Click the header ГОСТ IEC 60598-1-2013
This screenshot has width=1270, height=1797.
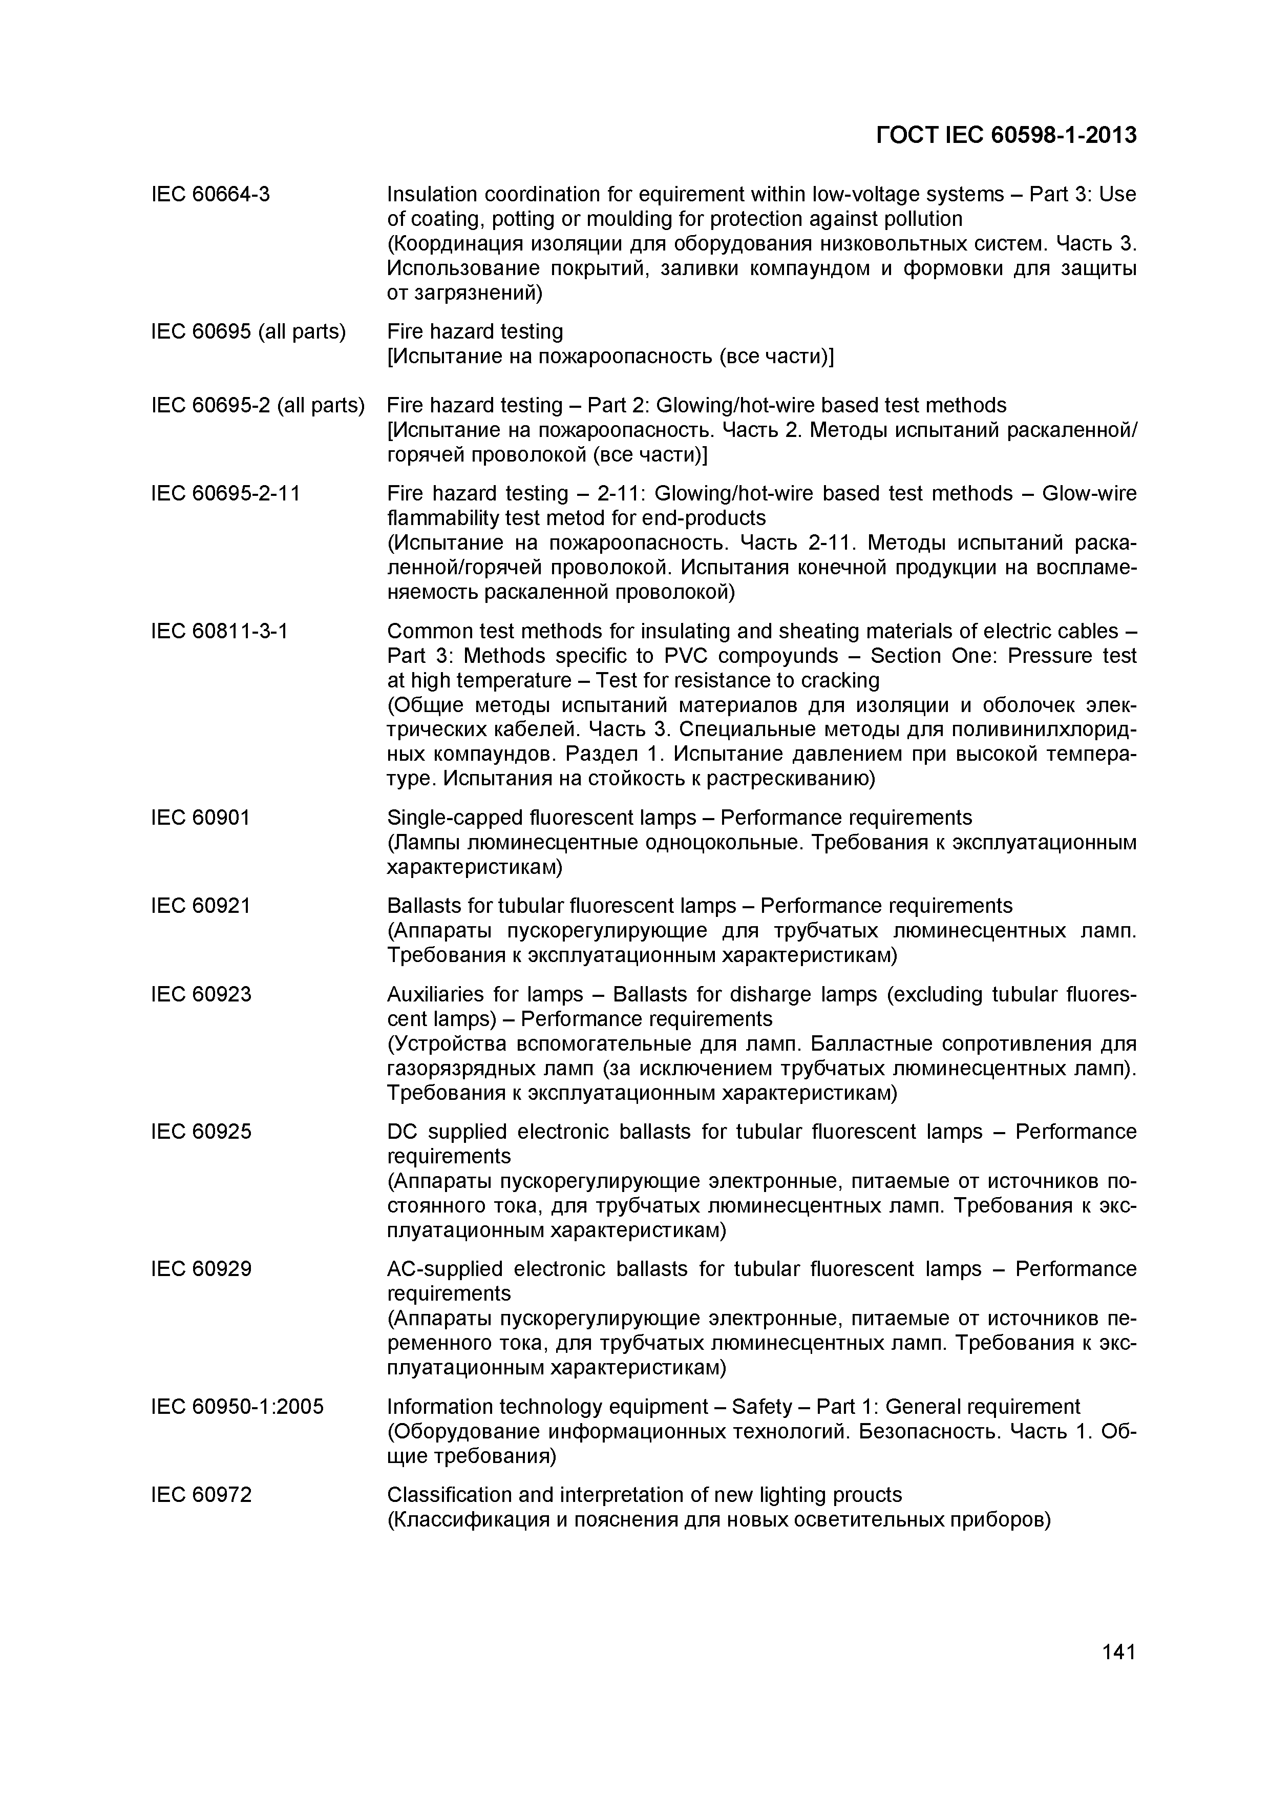(1006, 135)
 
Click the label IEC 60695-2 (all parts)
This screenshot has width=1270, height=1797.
(258, 405)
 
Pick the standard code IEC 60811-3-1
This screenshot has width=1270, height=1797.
(219, 631)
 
